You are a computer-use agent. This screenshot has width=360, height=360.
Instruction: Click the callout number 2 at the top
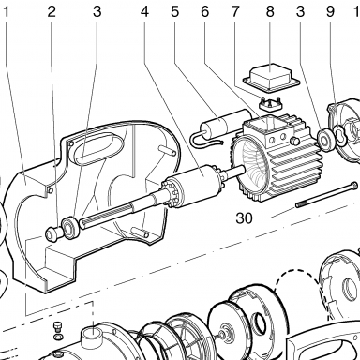(x=52, y=12)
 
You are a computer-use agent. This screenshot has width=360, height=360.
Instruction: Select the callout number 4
(x=144, y=12)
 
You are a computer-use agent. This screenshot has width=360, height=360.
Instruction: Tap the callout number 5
(x=175, y=12)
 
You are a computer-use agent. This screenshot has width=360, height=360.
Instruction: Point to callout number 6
(x=204, y=12)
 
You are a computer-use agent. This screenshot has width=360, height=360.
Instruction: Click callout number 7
(x=235, y=12)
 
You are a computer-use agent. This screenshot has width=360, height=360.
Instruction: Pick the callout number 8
(x=270, y=12)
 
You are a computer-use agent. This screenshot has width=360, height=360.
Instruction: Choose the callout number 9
(x=330, y=12)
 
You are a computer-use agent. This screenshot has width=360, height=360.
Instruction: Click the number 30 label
(x=244, y=218)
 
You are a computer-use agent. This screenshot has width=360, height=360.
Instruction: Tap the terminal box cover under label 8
(x=271, y=78)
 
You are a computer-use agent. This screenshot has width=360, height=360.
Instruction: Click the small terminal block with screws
(x=271, y=105)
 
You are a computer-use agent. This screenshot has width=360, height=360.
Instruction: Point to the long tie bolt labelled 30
(x=326, y=194)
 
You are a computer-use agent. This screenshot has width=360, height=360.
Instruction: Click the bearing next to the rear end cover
(x=325, y=139)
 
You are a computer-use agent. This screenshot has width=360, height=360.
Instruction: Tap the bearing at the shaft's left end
(x=70, y=227)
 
